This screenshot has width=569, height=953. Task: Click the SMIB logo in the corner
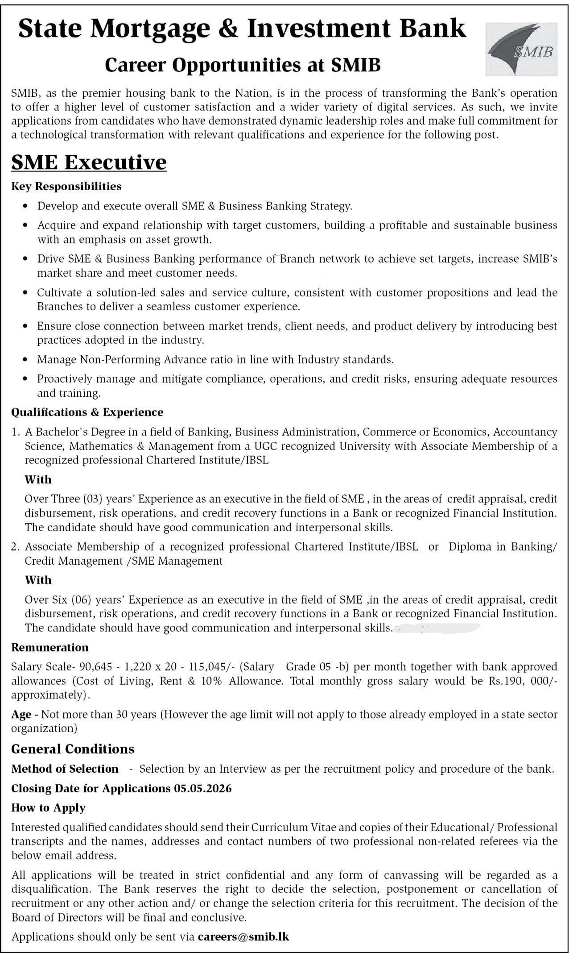(521, 49)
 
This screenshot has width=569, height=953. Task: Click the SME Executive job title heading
(89, 162)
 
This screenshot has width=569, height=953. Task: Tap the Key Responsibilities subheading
(66, 186)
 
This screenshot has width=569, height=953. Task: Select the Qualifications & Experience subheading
(87, 412)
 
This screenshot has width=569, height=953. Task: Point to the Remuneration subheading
(49, 647)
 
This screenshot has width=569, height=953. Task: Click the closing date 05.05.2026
(202, 788)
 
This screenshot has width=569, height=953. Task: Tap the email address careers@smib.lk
(243, 936)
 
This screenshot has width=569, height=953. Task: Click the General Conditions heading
(73, 749)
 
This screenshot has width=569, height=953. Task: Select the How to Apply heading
(48, 807)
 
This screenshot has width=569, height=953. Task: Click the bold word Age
(21, 715)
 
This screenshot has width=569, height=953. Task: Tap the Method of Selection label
(65, 769)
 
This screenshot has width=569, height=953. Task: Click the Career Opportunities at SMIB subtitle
(243, 65)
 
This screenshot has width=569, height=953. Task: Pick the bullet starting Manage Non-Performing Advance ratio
(215, 359)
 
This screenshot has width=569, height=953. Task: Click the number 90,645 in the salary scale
(93, 667)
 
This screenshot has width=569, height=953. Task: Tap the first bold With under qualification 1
(38, 479)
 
